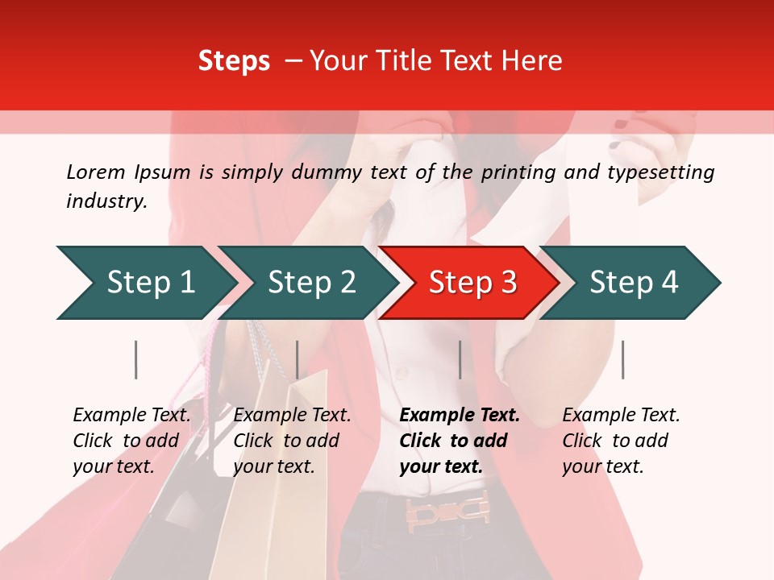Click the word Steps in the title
234,60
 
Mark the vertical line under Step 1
136,359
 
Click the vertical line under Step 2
298,359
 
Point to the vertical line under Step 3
460,359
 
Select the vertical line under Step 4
622,359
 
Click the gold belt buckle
447,509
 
